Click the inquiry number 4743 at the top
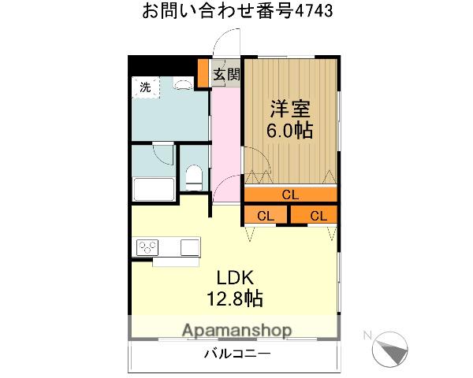[x=314, y=11]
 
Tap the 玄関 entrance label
[x=226, y=74]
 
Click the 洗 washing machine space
[x=145, y=87]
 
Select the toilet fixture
[x=194, y=177]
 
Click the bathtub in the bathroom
[x=154, y=189]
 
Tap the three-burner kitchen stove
[x=147, y=247]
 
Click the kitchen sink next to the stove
[x=190, y=247]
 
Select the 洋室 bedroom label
[x=290, y=109]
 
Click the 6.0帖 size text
[x=289, y=130]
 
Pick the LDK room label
[x=235, y=278]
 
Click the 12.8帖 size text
[x=235, y=298]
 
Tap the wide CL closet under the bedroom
[x=290, y=195]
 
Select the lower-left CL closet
[x=266, y=215]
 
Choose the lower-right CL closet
[x=314, y=215]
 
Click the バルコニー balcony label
[x=237, y=354]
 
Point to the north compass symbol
[x=389, y=349]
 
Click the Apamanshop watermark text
[x=237, y=331]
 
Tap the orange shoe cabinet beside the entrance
[x=203, y=72]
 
